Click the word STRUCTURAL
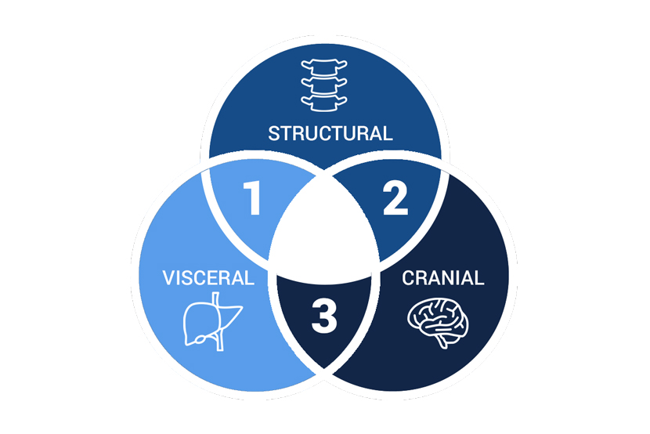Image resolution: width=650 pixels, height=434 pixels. tap(330, 133)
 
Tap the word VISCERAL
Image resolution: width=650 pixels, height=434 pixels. tap(208, 278)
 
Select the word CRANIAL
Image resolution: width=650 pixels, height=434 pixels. tap(442, 278)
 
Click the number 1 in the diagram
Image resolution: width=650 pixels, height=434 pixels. tap(252, 197)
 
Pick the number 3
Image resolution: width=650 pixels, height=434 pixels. tap(324, 316)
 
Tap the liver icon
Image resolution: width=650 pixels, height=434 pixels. tap(213, 321)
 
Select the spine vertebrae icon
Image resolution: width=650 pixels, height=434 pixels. tap(324, 85)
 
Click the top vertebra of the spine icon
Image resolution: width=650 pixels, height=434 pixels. tap(324, 67)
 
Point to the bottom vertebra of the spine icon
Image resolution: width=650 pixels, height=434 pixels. tap(324, 103)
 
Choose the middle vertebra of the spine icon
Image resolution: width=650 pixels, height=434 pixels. tap(324, 85)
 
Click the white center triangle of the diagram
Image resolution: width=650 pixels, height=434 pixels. tap(324, 237)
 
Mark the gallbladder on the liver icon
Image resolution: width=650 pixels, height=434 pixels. tap(200, 339)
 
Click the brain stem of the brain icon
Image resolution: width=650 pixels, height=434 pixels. tap(442, 342)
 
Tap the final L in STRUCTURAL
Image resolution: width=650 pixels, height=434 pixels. tap(387, 133)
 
